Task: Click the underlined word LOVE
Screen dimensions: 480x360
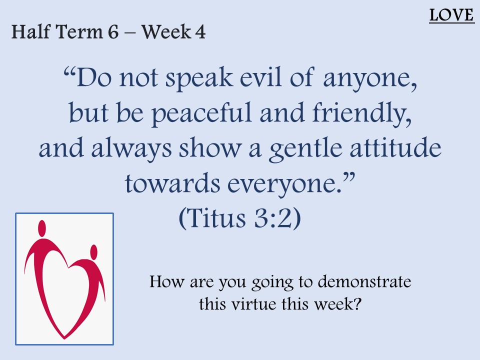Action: (451, 15)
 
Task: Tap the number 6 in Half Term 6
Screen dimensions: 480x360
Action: (113, 32)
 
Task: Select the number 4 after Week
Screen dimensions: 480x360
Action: (200, 32)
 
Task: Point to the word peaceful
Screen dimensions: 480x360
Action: (201, 113)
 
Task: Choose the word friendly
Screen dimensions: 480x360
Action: (362, 113)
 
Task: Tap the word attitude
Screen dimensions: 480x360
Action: (395, 147)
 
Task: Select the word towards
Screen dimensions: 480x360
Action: (172, 183)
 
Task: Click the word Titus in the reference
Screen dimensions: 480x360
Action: (216, 218)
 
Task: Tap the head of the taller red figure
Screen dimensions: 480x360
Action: (42, 228)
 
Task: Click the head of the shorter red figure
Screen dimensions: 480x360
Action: (94, 251)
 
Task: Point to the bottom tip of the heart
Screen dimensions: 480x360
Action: (64, 338)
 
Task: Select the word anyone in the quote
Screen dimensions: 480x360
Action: (370, 78)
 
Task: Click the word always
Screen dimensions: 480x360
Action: (131, 148)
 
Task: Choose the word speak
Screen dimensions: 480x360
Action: (199, 78)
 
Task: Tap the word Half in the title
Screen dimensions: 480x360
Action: (31, 32)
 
